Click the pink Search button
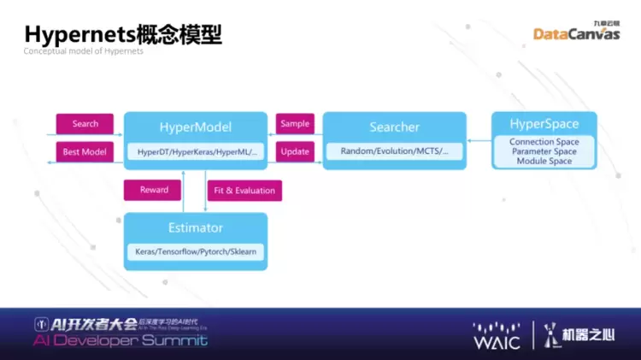85,124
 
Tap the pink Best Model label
85,151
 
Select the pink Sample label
295,124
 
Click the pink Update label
295,151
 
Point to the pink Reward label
154,190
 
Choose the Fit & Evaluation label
244,190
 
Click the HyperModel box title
196,127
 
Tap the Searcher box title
394,127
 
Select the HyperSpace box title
544,124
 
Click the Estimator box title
196,227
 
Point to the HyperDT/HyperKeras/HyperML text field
197,151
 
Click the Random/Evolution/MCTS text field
394,151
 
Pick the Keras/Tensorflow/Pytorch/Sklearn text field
196,252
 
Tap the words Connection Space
544,142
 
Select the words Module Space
544,161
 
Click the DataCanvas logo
576,32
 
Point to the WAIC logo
497,335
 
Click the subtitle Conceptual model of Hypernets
83,51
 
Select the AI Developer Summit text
120,340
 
